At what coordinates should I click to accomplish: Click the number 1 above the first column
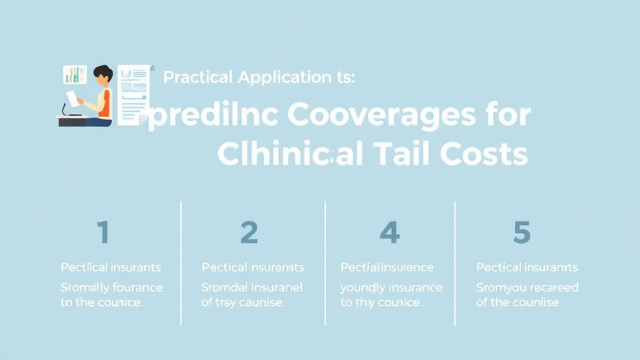coord(103,232)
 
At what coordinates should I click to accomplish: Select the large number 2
coord(249,232)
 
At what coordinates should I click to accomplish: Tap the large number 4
coord(389,232)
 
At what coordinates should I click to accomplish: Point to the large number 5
coord(521,232)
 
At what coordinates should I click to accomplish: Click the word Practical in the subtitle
coord(199,78)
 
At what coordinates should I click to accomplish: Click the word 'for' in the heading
coord(506,116)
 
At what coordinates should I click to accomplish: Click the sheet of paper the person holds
coord(72,97)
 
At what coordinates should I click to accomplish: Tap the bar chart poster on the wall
coord(74,75)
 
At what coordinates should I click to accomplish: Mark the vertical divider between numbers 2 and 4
coord(326,262)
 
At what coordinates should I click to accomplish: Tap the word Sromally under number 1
coord(85,287)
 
